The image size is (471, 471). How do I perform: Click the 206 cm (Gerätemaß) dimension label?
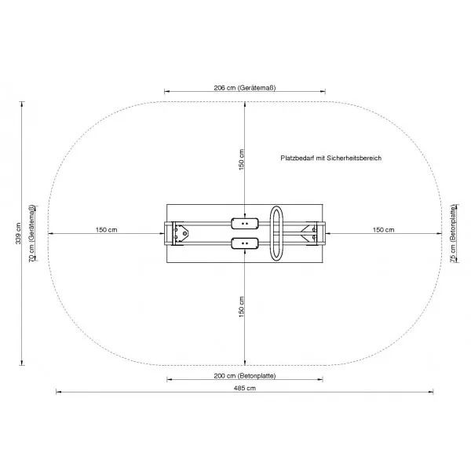point(244,88)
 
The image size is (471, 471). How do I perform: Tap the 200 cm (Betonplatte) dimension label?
point(244,376)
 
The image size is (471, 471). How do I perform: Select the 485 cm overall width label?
point(244,388)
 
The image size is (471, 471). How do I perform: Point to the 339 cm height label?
point(18,233)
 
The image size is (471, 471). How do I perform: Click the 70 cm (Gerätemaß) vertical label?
point(32,233)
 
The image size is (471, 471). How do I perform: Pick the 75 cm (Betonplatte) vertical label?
point(453,233)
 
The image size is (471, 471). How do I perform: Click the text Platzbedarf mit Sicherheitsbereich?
point(330,158)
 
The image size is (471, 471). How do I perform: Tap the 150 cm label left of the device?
point(106,230)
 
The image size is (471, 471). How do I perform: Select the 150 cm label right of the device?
point(383,230)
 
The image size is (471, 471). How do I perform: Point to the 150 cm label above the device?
point(242,159)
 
